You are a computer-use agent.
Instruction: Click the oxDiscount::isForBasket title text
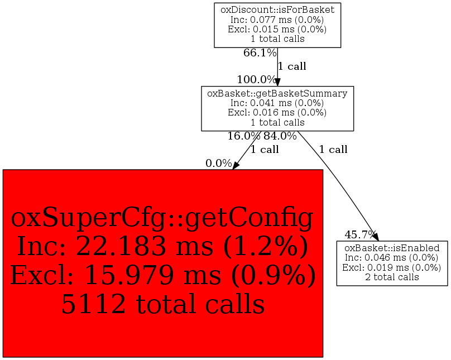tap(277, 10)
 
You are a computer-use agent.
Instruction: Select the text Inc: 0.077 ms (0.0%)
tap(277, 20)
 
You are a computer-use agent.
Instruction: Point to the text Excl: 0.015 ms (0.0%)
tap(277, 29)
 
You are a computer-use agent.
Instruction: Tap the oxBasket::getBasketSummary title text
tap(277, 93)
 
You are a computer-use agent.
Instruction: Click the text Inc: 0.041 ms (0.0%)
tap(277, 103)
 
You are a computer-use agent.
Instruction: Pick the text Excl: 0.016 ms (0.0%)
tap(277, 112)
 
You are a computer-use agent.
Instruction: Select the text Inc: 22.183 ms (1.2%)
tap(163, 246)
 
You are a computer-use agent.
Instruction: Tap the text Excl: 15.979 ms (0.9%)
tap(163, 275)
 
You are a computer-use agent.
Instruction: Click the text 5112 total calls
tap(163, 304)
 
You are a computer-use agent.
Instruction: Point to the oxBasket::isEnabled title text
tap(392, 248)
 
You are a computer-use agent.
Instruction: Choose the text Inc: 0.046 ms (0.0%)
tap(392, 257)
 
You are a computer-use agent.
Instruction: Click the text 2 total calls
tap(392, 277)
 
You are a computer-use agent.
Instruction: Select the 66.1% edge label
tap(260, 52)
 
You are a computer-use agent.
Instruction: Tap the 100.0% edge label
tap(257, 79)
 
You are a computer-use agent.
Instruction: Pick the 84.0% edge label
tap(280, 136)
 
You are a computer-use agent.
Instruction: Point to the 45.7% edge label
tap(361, 234)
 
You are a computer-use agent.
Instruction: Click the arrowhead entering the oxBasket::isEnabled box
tap(376, 237)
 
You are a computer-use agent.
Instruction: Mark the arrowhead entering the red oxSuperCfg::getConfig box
tap(236, 166)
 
